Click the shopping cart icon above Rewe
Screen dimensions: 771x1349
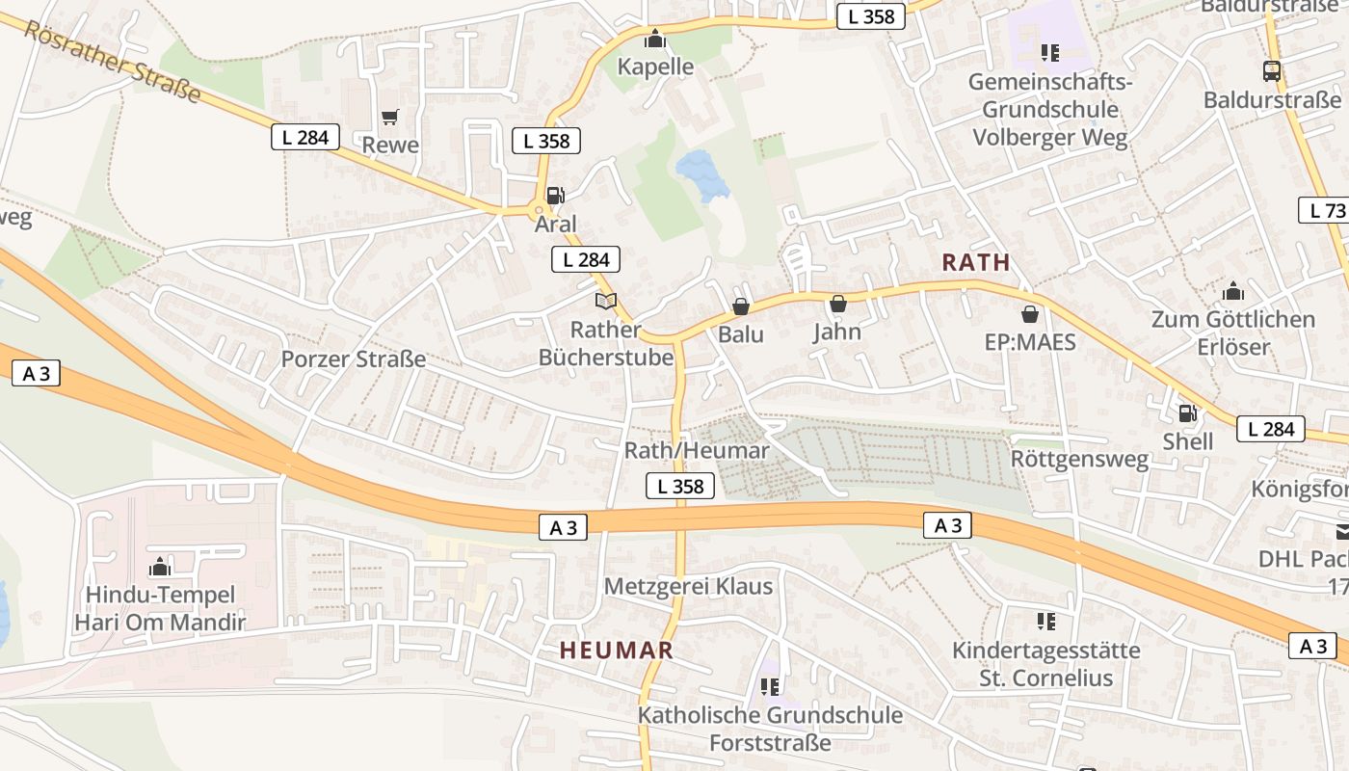click(x=389, y=118)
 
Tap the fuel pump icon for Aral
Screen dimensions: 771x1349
click(x=555, y=196)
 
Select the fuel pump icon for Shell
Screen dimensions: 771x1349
click(x=1187, y=413)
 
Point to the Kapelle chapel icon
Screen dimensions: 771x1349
click(x=655, y=39)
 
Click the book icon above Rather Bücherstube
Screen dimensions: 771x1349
click(x=605, y=302)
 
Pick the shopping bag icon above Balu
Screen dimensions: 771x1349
click(x=740, y=306)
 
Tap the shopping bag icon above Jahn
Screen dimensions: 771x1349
click(x=837, y=304)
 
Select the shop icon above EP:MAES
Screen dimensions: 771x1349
click(x=1029, y=314)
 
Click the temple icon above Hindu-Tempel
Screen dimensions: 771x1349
click(x=160, y=567)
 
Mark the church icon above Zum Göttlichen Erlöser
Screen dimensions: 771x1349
click(x=1232, y=291)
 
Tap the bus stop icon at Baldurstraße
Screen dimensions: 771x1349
click(x=1271, y=70)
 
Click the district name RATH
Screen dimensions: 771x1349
click(x=976, y=262)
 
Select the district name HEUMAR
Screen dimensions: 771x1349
click(x=616, y=651)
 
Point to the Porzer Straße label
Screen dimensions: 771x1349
click(x=353, y=359)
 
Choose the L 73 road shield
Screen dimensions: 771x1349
click(x=1327, y=210)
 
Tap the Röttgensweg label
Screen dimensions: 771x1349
click(x=1079, y=459)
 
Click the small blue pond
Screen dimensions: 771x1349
click(x=703, y=174)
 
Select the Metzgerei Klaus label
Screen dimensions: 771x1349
click(x=688, y=586)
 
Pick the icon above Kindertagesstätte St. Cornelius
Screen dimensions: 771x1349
click(x=1045, y=622)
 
